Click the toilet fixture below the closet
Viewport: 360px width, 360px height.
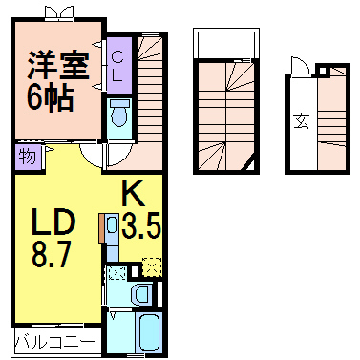[119, 116]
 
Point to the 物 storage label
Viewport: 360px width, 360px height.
[26, 157]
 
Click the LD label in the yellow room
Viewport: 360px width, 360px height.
[55, 227]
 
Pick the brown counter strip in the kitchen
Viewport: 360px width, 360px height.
[102, 230]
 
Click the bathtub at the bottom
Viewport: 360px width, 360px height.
[149, 332]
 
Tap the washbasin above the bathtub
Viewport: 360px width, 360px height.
[139, 294]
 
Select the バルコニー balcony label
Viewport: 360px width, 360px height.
[53, 341]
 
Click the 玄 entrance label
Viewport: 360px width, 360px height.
[300, 121]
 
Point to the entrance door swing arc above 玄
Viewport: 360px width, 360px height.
[299, 68]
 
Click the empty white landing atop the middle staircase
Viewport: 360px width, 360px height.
[225, 45]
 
